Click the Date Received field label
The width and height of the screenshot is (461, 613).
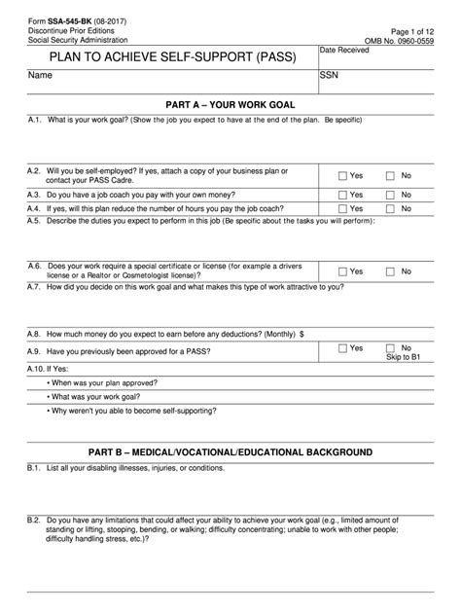pos(344,50)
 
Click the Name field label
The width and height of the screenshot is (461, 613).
pos(40,75)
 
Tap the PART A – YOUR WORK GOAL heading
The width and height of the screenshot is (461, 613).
pos(230,103)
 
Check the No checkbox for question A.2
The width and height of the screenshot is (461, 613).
pos(390,176)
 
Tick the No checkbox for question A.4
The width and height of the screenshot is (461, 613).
pos(390,208)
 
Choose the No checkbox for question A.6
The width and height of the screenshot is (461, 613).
pos(390,271)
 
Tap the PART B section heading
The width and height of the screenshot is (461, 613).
pos(230,452)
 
